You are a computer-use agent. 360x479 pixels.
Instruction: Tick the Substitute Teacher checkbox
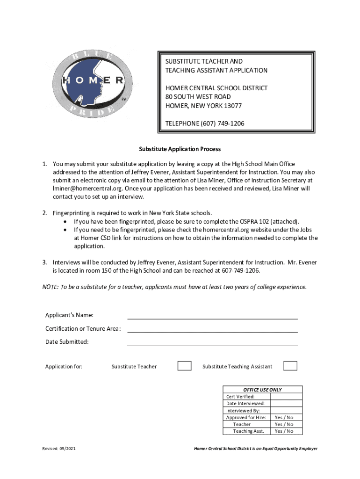point(184,366)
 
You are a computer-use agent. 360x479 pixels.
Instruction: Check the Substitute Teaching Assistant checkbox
point(290,366)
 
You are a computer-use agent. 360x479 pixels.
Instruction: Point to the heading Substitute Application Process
point(180,149)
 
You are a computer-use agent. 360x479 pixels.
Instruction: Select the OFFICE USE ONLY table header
point(262,390)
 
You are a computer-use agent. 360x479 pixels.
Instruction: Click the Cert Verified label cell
point(241,397)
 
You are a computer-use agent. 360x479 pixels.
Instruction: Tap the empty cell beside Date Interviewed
point(286,403)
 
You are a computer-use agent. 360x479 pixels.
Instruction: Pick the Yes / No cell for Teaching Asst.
point(284,431)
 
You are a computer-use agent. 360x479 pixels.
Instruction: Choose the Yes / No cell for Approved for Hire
point(284,417)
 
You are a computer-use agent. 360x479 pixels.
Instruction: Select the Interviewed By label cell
point(243,410)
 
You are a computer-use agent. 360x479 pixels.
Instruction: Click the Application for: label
point(64,366)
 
